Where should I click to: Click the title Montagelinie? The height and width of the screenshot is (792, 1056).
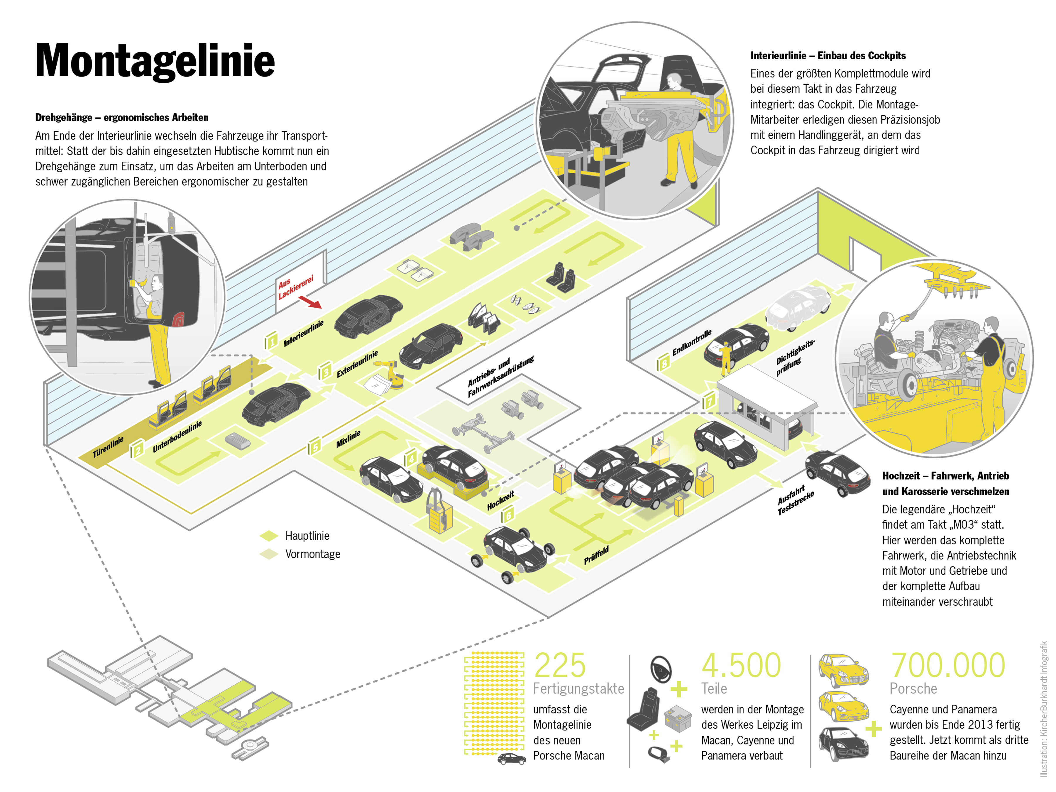pos(155,61)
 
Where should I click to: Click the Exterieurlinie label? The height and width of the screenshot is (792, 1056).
pos(357,363)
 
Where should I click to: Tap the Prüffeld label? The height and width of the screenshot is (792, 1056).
pos(596,556)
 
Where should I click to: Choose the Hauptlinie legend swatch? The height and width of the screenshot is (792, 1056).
pos(269,536)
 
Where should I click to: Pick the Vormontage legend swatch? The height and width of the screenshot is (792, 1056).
pos(269,554)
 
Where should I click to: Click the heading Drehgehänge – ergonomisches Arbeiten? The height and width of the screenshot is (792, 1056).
pos(122,117)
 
